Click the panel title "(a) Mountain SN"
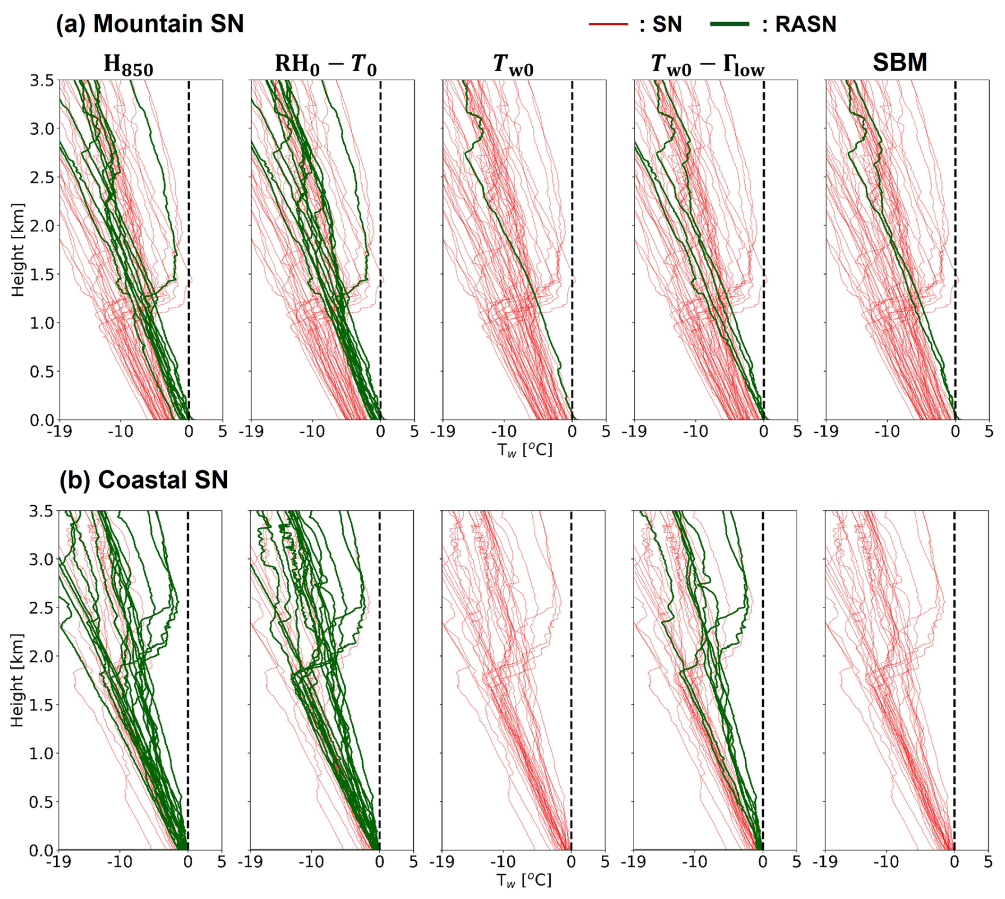click(150, 24)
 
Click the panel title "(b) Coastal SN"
click(143, 480)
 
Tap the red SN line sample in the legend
click(608, 24)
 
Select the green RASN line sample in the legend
click(729, 24)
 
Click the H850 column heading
click(128, 65)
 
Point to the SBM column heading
click(900, 63)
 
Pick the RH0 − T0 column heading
click(326, 65)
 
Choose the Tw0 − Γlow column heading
click(708, 65)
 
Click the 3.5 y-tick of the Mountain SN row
click(41, 81)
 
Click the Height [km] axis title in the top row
click(18, 250)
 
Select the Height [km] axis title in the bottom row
click(18, 680)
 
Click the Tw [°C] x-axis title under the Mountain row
click(524, 450)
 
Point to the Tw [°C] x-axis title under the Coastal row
click(524, 880)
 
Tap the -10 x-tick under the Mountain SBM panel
click(887, 431)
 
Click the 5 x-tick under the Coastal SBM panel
click(988, 861)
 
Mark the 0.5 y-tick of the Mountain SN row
click(41, 372)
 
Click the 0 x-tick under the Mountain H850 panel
click(189, 431)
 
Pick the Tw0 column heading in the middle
click(513, 65)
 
